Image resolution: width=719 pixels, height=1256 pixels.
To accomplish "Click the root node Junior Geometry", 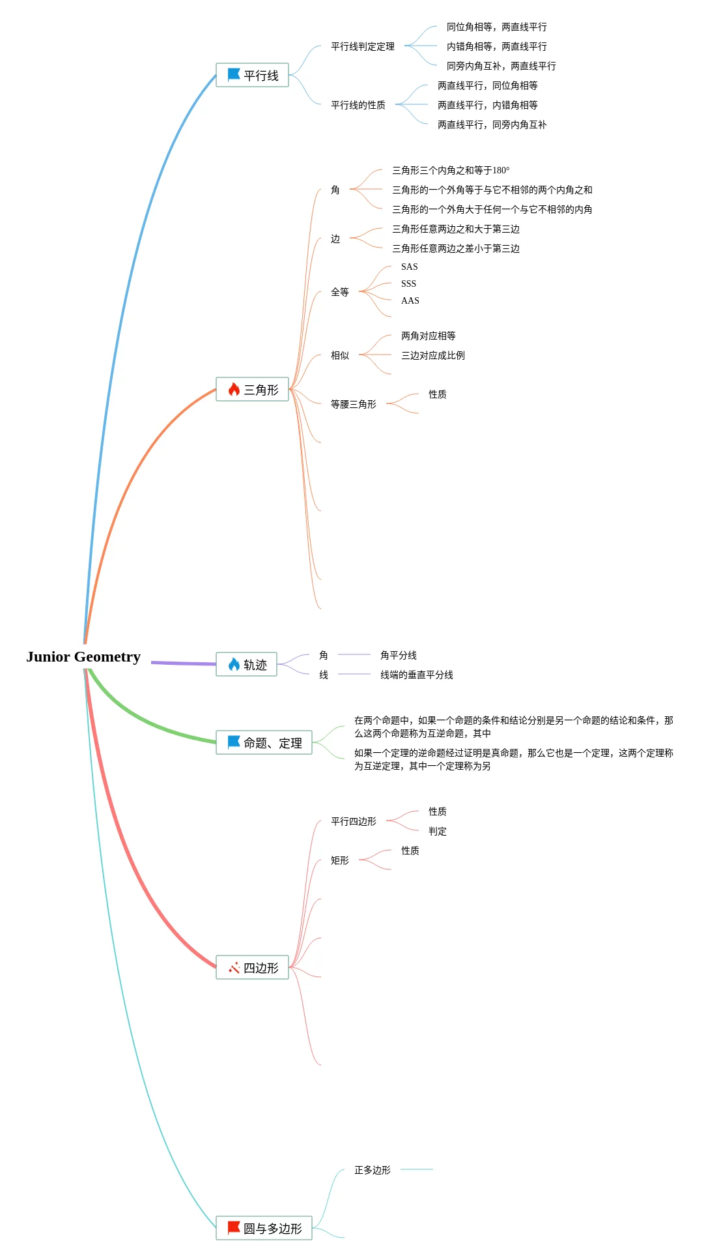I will click(x=83, y=656).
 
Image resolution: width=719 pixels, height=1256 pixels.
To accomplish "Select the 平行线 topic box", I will click(x=252, y=75).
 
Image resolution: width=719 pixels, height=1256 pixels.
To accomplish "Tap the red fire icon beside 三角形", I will click(x=234, y=389).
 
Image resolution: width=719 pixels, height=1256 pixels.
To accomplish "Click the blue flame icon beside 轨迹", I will click(x=234, y=664).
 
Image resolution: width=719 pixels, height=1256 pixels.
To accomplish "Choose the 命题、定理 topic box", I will click(x=264, y=742).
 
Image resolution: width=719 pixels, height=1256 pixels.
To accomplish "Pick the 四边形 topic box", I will click(x=252, y=967).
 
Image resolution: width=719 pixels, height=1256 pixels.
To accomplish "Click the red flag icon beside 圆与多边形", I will click(x=234, y=1227).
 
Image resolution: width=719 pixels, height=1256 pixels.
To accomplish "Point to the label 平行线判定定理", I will click(x=363, y=46).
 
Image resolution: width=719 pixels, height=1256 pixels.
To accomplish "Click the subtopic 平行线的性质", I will click(x=358, y=105).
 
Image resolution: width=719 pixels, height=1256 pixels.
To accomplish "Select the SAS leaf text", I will click(x=410, y=267).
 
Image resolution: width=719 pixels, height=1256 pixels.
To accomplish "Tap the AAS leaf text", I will click(x=410, y=300).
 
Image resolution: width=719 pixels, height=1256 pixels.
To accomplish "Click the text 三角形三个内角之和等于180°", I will click(x=451, y=170).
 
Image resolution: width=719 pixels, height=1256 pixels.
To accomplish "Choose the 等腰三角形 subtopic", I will click(x=354, y=404).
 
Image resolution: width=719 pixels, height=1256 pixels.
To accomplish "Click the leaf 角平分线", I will click(x=399, y=655).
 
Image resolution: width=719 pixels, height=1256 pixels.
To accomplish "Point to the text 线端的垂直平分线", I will click(x=417, y=675).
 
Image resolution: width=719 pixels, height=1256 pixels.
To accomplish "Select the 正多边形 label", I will click(x=373, y=1170).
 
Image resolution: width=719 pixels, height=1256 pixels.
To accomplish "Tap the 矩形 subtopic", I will click(x=340, y=860).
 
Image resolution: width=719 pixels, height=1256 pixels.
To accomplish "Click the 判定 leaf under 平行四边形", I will click(x=438, y=831).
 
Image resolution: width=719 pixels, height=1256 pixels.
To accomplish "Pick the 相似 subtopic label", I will click(x=340, y=355).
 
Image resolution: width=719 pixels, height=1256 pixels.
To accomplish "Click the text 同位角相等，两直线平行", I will click(x=497, y=27).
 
